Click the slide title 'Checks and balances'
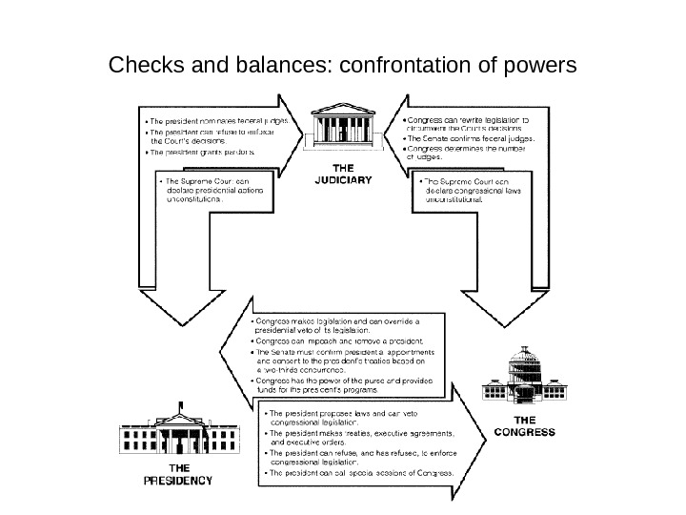click(343, 66)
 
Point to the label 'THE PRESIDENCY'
click(178, 474)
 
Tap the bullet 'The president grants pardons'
click(200, 153)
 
